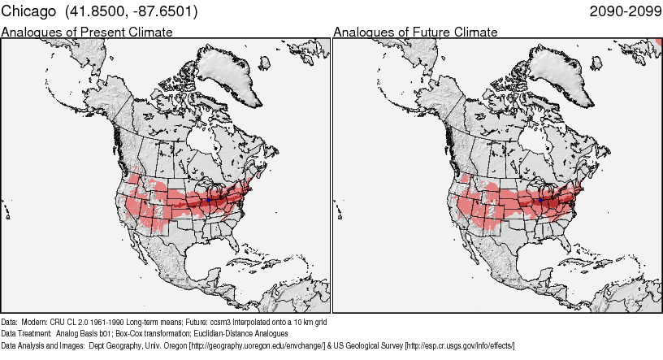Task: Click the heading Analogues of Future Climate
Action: pos(415,33)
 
